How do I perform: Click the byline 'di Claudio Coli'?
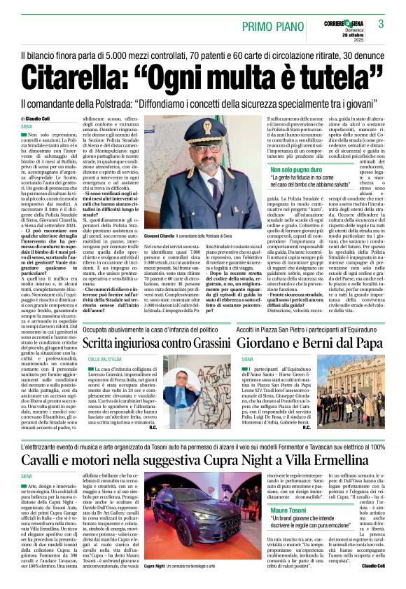click(40, 119)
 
